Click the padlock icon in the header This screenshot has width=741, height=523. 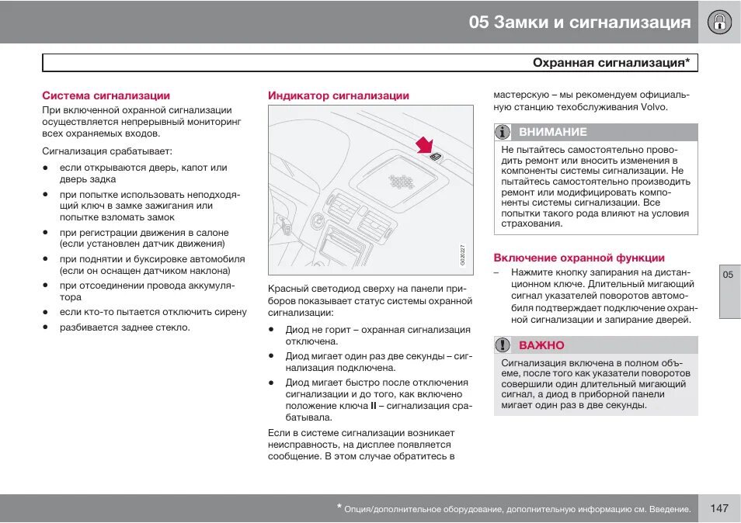719,22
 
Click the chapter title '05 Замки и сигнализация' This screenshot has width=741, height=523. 579,23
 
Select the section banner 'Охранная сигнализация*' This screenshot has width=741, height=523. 611,63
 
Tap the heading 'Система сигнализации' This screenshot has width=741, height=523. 106,95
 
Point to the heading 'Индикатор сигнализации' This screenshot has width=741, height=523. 339,95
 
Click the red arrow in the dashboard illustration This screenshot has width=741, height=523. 423,145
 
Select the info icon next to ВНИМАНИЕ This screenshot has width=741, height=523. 503,132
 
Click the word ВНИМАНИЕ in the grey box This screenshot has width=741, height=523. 552,132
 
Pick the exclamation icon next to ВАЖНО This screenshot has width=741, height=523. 503,345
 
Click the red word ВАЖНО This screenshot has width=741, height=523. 541,345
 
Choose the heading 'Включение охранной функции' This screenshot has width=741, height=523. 579,258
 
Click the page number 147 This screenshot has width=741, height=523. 718,508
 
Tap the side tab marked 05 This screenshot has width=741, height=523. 728,275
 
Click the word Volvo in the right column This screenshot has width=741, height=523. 652,107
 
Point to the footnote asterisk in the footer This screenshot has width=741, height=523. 339,507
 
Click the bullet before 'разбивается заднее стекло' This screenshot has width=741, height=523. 46,327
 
